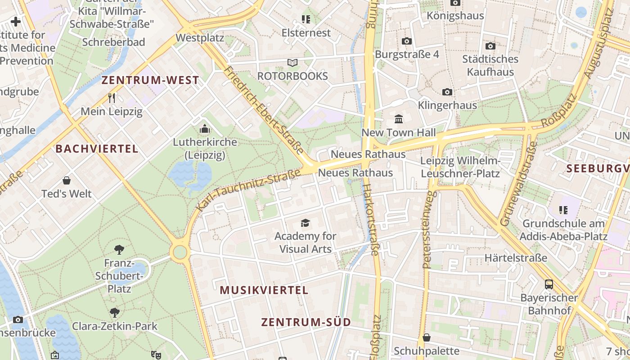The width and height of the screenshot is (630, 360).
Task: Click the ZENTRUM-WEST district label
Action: pyautogui.click(x=150, y=81)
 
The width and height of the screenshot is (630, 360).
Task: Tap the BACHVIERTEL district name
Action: pyautogui.click(x=97, y=149)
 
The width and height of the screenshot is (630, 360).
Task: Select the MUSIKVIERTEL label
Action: pyautogui.click(x=264, y=290)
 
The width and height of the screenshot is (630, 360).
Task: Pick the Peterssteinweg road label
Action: pyautogui.click(x=430, y=229)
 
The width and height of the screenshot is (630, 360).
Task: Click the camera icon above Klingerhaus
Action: pyautogui.click(x=447, y=92)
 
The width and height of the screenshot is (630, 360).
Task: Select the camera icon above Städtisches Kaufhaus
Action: pyautogui.click(x=490, y=46)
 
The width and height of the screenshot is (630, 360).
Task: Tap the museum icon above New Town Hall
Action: pyautogui.click(x=399, y=119)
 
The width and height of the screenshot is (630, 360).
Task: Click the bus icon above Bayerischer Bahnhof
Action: pyautogui.click(x=549, y=284)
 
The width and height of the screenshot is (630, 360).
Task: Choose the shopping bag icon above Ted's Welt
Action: pyautogui.click(x=67, y=180)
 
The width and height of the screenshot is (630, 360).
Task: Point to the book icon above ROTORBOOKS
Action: pyautogui.click(x=292, y=63)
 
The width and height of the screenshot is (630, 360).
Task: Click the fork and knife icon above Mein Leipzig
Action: pyautogui.click(x=112, y=97)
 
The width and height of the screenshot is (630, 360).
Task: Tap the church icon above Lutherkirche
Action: pyautogui.click(x=205, y=129)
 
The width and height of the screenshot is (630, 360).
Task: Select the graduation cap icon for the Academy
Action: pyautogui.click(x=306, y=223)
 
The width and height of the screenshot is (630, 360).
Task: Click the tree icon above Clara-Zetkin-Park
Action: pyautogui.click(x=115, y=312)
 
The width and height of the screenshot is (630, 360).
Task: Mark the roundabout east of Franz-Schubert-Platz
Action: pyautogui.click(x=180, y=252)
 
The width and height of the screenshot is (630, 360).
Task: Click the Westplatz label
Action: pyautogui.click(x=200, y=38)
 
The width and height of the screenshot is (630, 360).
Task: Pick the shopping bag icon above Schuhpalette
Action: pyautogui.click(x=427, y=337)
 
